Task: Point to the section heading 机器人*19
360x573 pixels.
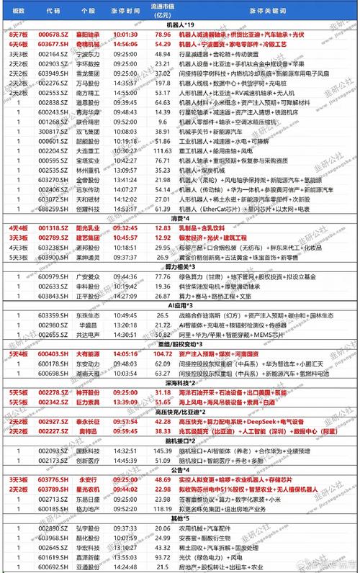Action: point(180,24)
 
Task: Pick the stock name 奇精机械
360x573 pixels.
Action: point(88,43)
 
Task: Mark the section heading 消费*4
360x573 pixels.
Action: point(180,218)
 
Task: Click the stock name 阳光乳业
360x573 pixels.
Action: point(88,227)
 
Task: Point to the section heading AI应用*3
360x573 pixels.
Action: point(180,304)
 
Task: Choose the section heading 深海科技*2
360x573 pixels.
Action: point(180,383)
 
